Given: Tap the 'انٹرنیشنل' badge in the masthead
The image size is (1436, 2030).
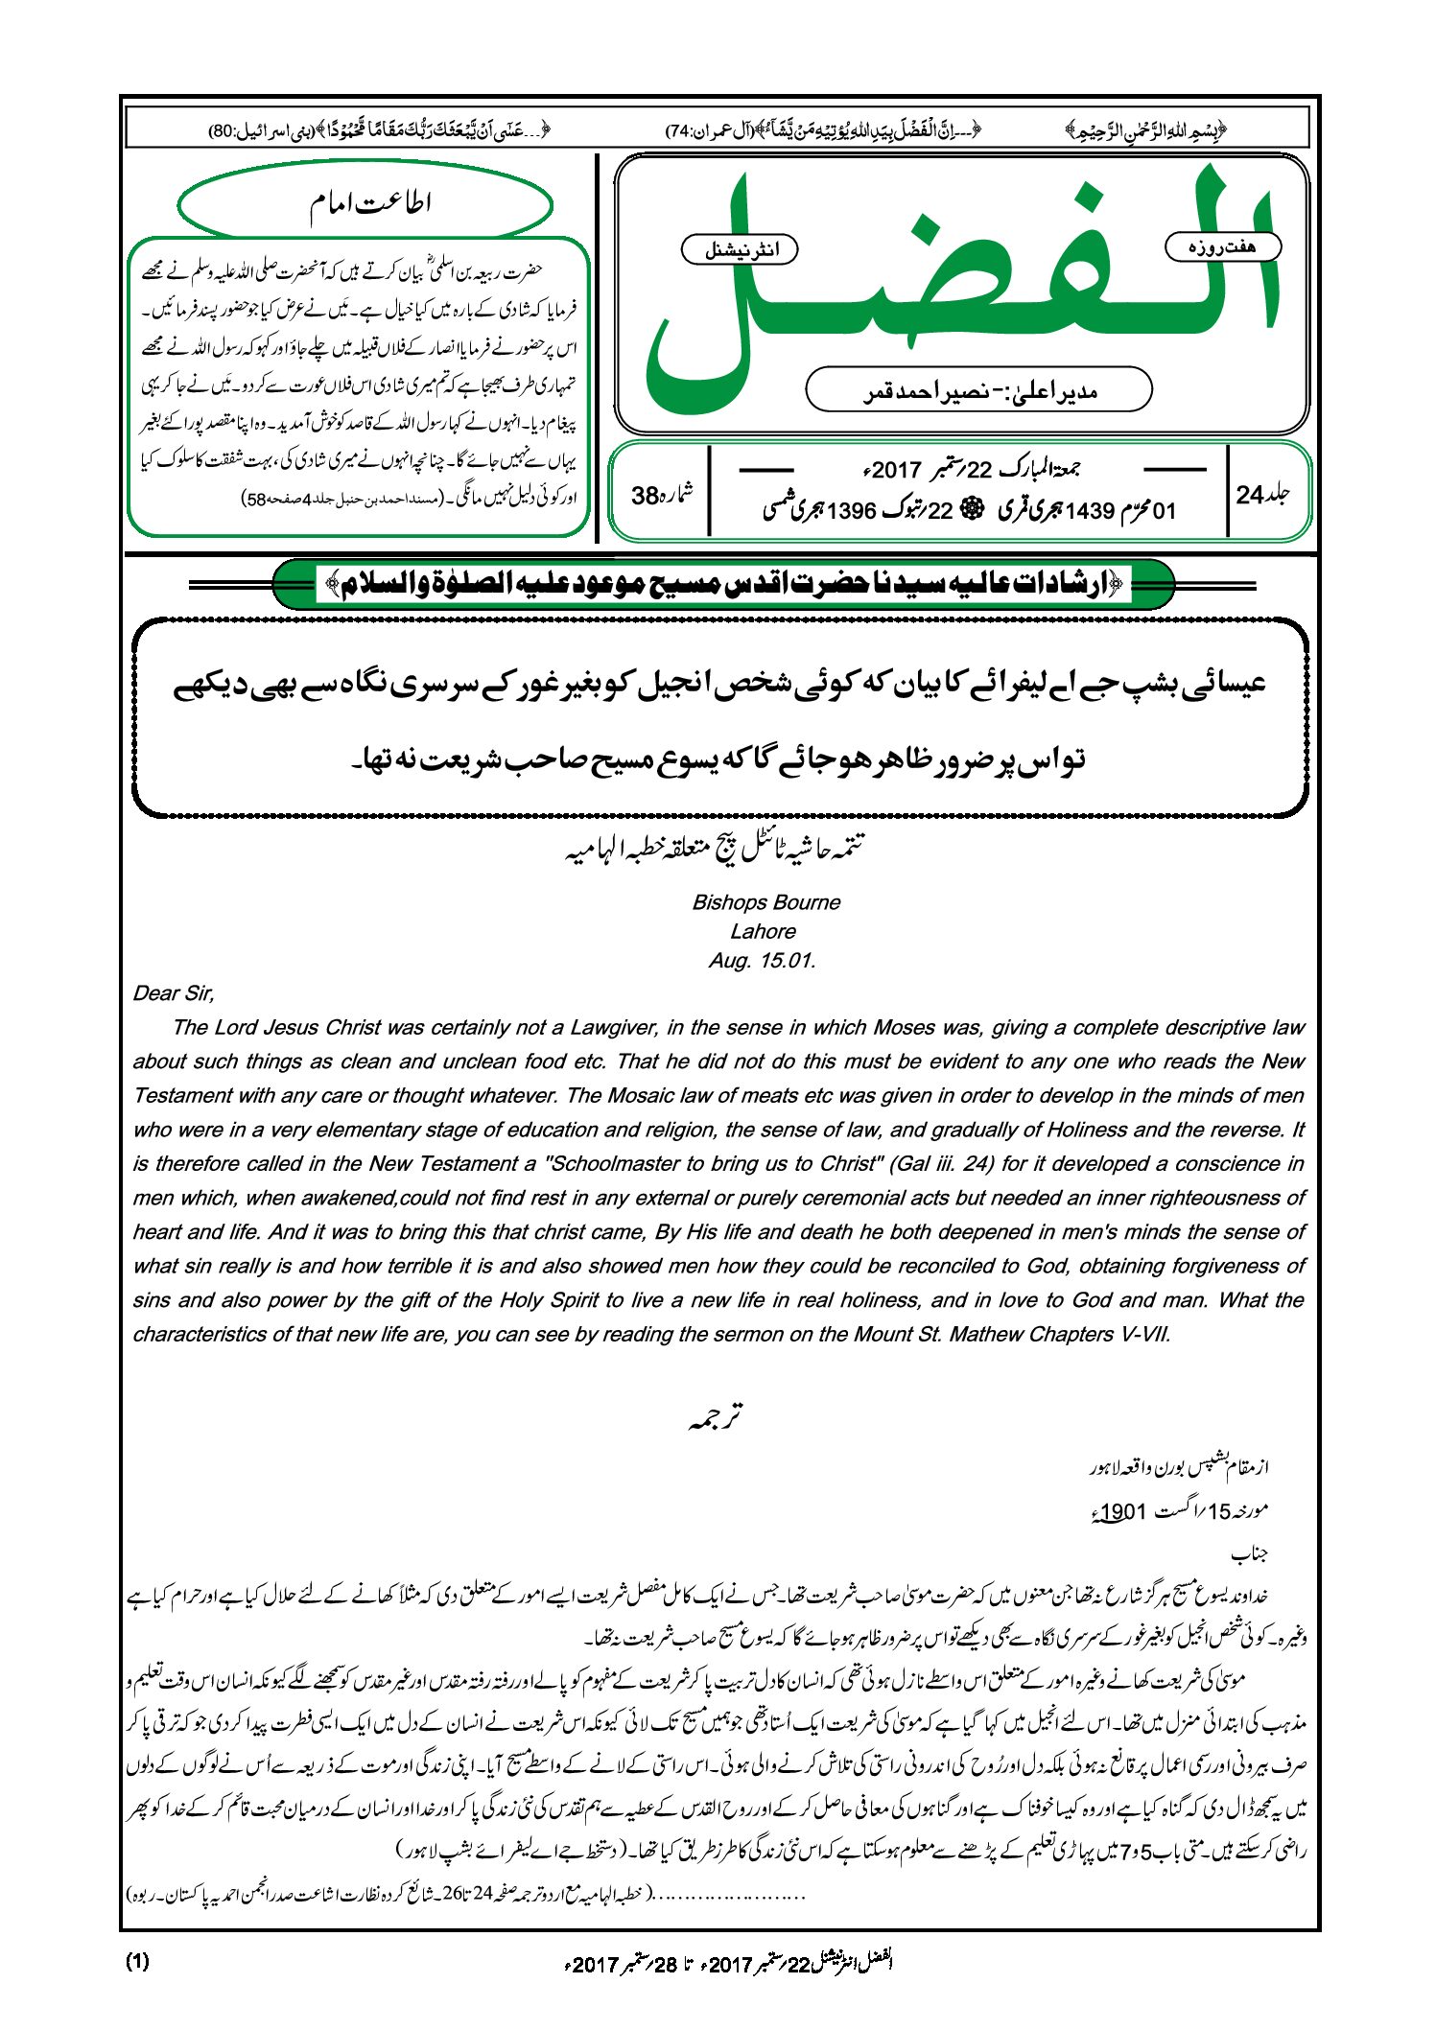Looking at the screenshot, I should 740,250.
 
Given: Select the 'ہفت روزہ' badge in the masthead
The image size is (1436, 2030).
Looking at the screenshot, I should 1222,247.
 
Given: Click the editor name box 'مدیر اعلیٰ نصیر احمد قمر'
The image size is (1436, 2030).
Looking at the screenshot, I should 977,390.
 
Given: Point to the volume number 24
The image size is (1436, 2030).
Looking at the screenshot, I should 1251,495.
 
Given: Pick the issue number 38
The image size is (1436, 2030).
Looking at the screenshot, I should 646,495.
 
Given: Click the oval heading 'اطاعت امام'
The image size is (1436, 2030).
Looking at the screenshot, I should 367,202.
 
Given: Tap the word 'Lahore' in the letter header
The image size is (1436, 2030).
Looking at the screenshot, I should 763,931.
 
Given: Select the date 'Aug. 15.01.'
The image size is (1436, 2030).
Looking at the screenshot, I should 763,961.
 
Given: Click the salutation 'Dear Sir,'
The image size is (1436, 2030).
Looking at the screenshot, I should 174,993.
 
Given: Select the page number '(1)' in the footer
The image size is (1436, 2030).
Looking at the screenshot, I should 137,1961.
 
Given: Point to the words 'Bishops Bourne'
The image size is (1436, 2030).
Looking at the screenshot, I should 765,902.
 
